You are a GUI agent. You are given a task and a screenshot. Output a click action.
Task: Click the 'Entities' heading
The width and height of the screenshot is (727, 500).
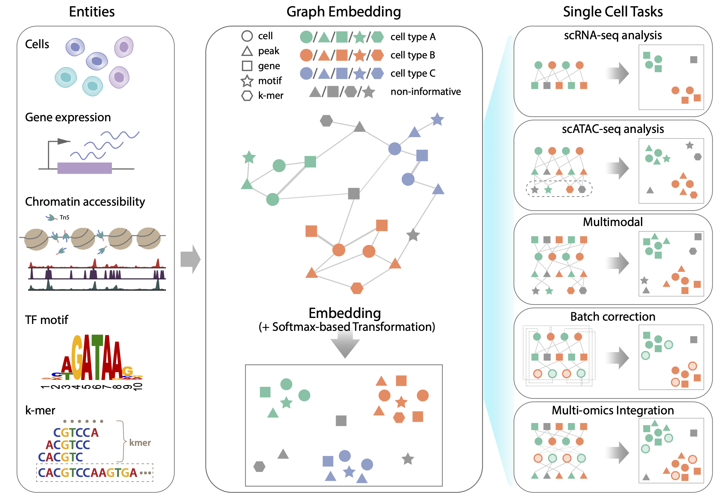(x=92, y=12)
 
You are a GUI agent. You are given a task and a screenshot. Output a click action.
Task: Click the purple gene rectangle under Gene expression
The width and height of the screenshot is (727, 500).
(x=84, y=168)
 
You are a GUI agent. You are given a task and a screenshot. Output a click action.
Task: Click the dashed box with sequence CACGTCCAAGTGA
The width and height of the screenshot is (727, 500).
(x=95, y=472)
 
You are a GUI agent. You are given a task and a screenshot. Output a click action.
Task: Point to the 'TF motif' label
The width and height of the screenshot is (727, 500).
(x=46, y=320)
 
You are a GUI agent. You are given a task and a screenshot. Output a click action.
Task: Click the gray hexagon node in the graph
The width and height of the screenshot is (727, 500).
(x=326, y=121)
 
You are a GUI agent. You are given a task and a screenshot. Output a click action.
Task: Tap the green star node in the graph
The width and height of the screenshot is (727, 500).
(x=249, y=157)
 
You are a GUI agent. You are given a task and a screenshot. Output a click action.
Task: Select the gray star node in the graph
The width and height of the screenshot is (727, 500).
(x=413, y=235)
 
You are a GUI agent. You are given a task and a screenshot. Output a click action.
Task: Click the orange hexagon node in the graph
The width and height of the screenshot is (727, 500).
(x=356, y=288)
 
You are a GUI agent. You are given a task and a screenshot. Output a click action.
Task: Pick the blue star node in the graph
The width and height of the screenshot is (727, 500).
(x=437, y=119)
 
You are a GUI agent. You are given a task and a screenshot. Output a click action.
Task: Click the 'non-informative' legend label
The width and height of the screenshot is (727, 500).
(x=426, y=92)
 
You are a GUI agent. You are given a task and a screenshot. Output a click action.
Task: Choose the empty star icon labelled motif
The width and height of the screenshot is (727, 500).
(x=247, y=81)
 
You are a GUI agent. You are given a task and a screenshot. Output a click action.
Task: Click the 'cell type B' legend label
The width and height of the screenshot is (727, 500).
(x=412, y=55)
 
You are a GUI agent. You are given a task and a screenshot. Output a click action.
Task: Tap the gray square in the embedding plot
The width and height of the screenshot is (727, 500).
(x=341, y=421)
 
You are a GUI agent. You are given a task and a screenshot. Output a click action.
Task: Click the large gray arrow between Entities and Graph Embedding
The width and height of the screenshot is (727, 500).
(x=191, y=259)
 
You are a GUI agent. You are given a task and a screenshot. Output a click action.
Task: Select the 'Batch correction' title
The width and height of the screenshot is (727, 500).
(x=612, y=317)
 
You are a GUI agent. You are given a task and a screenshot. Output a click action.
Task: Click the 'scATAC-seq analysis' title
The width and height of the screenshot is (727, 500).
(x=612, y=129)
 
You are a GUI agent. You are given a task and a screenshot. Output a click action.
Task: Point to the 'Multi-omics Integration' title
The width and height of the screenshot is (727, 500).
(x=612, y=410)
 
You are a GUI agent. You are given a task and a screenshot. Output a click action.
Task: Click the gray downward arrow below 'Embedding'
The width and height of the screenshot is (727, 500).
(x=345, y=345)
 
